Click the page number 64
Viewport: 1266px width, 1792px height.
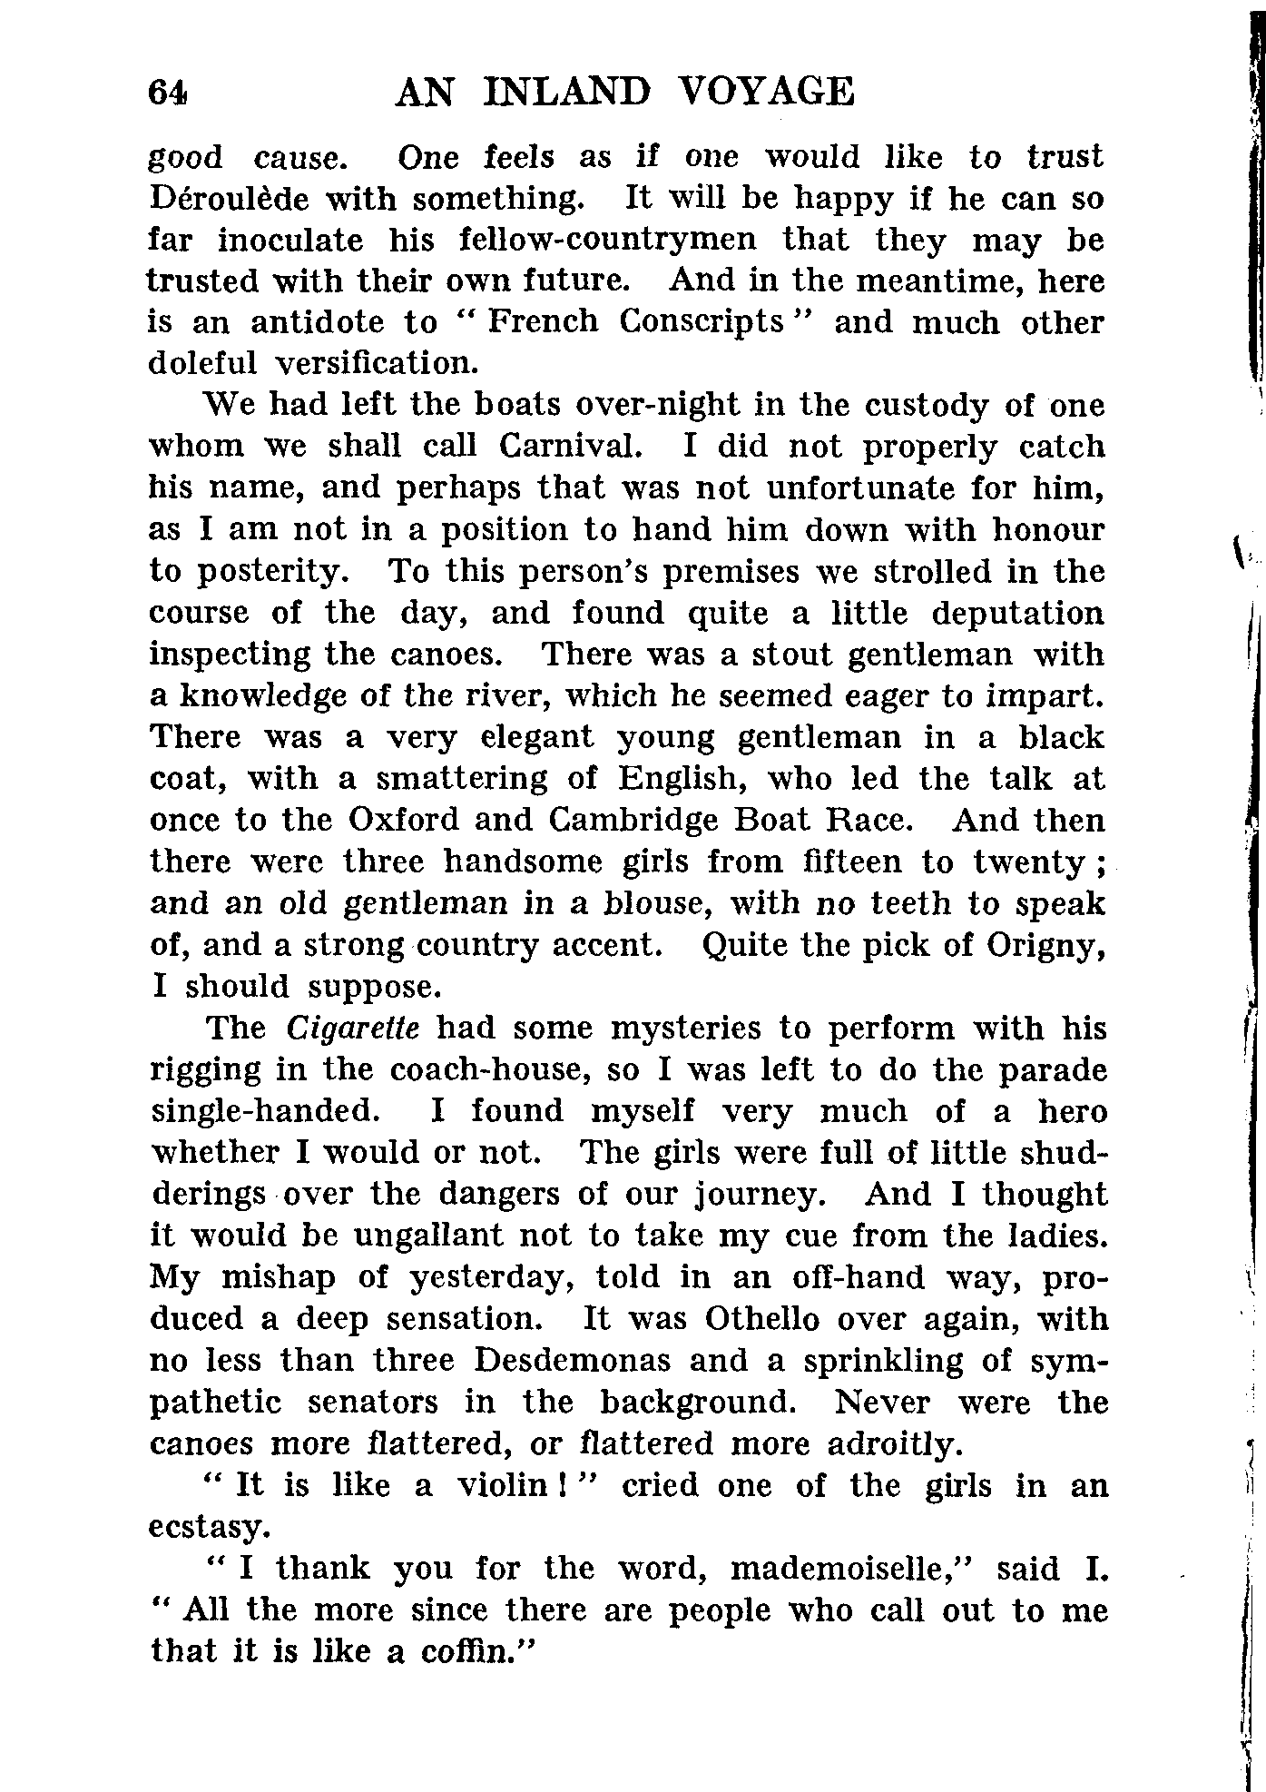tap(169, 93)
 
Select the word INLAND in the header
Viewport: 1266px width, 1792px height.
tap(568, 93)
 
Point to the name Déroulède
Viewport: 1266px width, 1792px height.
tap(226, 198)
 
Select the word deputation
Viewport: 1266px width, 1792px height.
tap(1017, 614)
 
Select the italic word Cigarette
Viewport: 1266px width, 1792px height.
tap(353, 1029)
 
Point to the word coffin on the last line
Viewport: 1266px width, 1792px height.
tap(475, 1651)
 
